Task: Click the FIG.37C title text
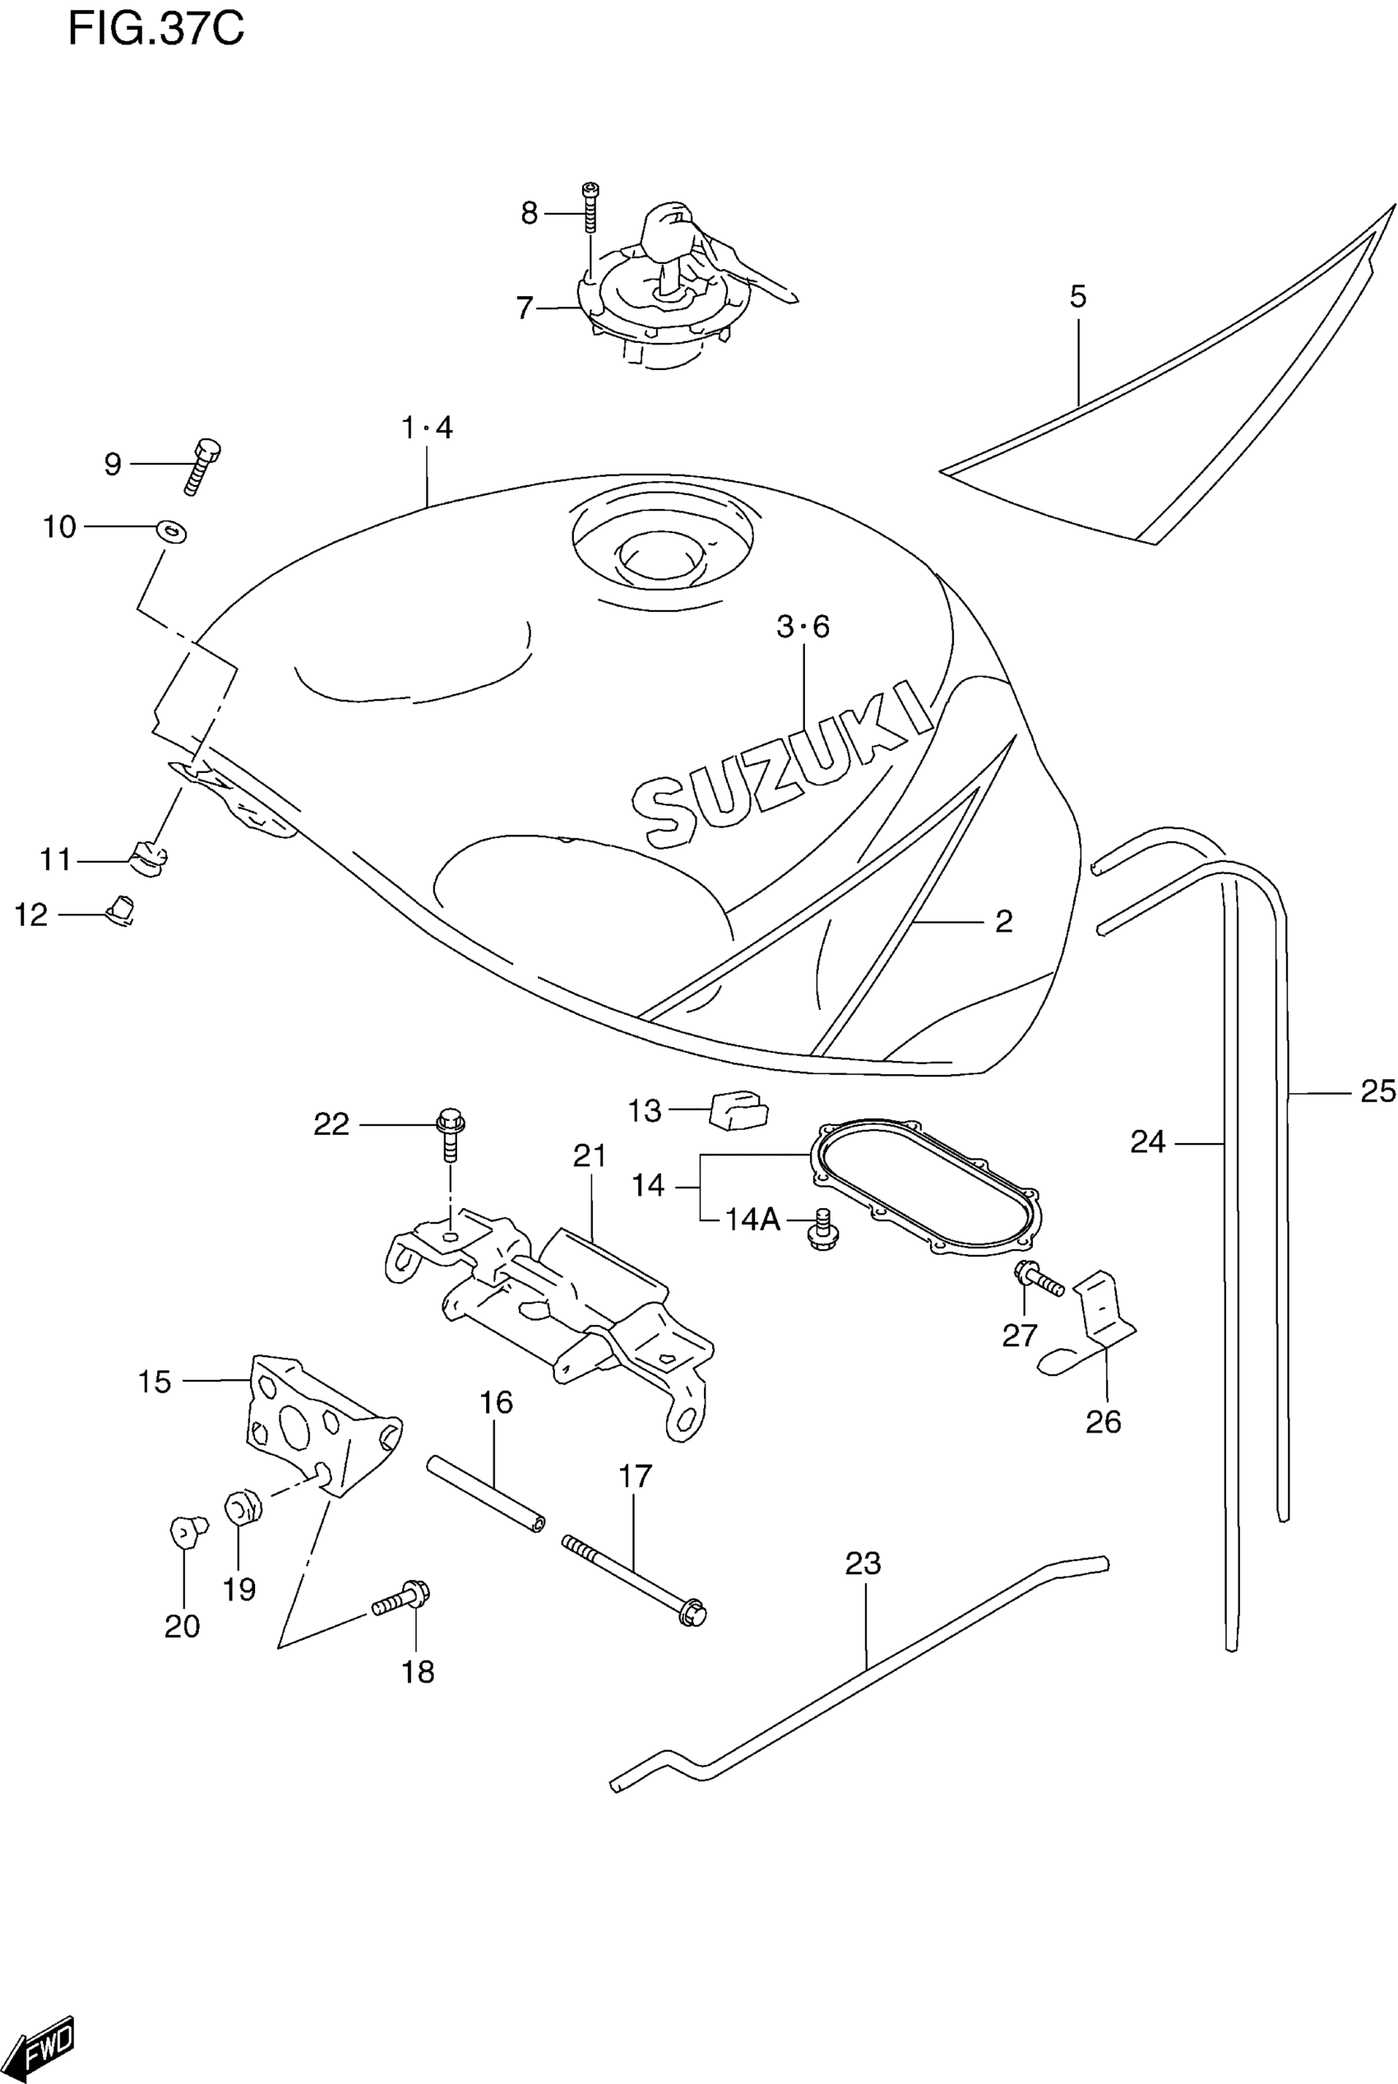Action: [156, 30]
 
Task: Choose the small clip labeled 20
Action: [187, 1532]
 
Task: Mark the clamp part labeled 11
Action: [150, 859]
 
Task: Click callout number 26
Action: [1103, 1421]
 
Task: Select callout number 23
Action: [862, 1563]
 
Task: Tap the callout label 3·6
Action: [803, 627]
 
